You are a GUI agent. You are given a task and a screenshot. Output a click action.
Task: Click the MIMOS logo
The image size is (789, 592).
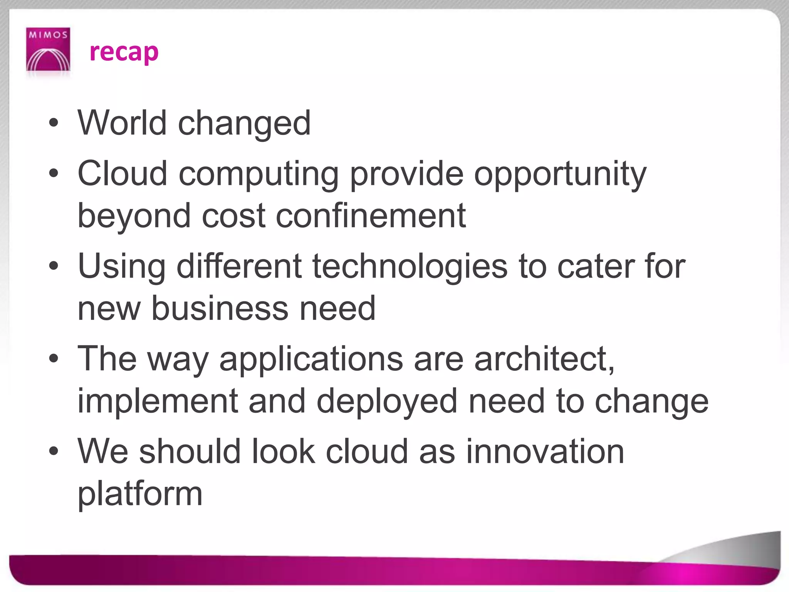48,49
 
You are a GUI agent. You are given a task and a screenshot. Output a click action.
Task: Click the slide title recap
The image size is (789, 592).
124,52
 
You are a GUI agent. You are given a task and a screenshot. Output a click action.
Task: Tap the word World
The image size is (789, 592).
122,123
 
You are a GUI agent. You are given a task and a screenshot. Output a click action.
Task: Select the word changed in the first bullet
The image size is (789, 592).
244,124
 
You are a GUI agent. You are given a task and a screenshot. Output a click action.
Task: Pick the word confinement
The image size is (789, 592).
371,215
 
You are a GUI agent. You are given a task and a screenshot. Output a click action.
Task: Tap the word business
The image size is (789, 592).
220,308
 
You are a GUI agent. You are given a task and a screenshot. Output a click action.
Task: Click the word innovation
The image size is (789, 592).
545,451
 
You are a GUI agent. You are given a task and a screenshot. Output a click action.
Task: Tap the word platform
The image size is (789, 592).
140,495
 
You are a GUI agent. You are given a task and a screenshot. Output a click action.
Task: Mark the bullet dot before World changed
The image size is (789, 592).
54,123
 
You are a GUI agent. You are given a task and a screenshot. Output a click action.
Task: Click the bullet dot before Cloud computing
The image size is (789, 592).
54,174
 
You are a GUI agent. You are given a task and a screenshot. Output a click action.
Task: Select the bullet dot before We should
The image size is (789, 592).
54,451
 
